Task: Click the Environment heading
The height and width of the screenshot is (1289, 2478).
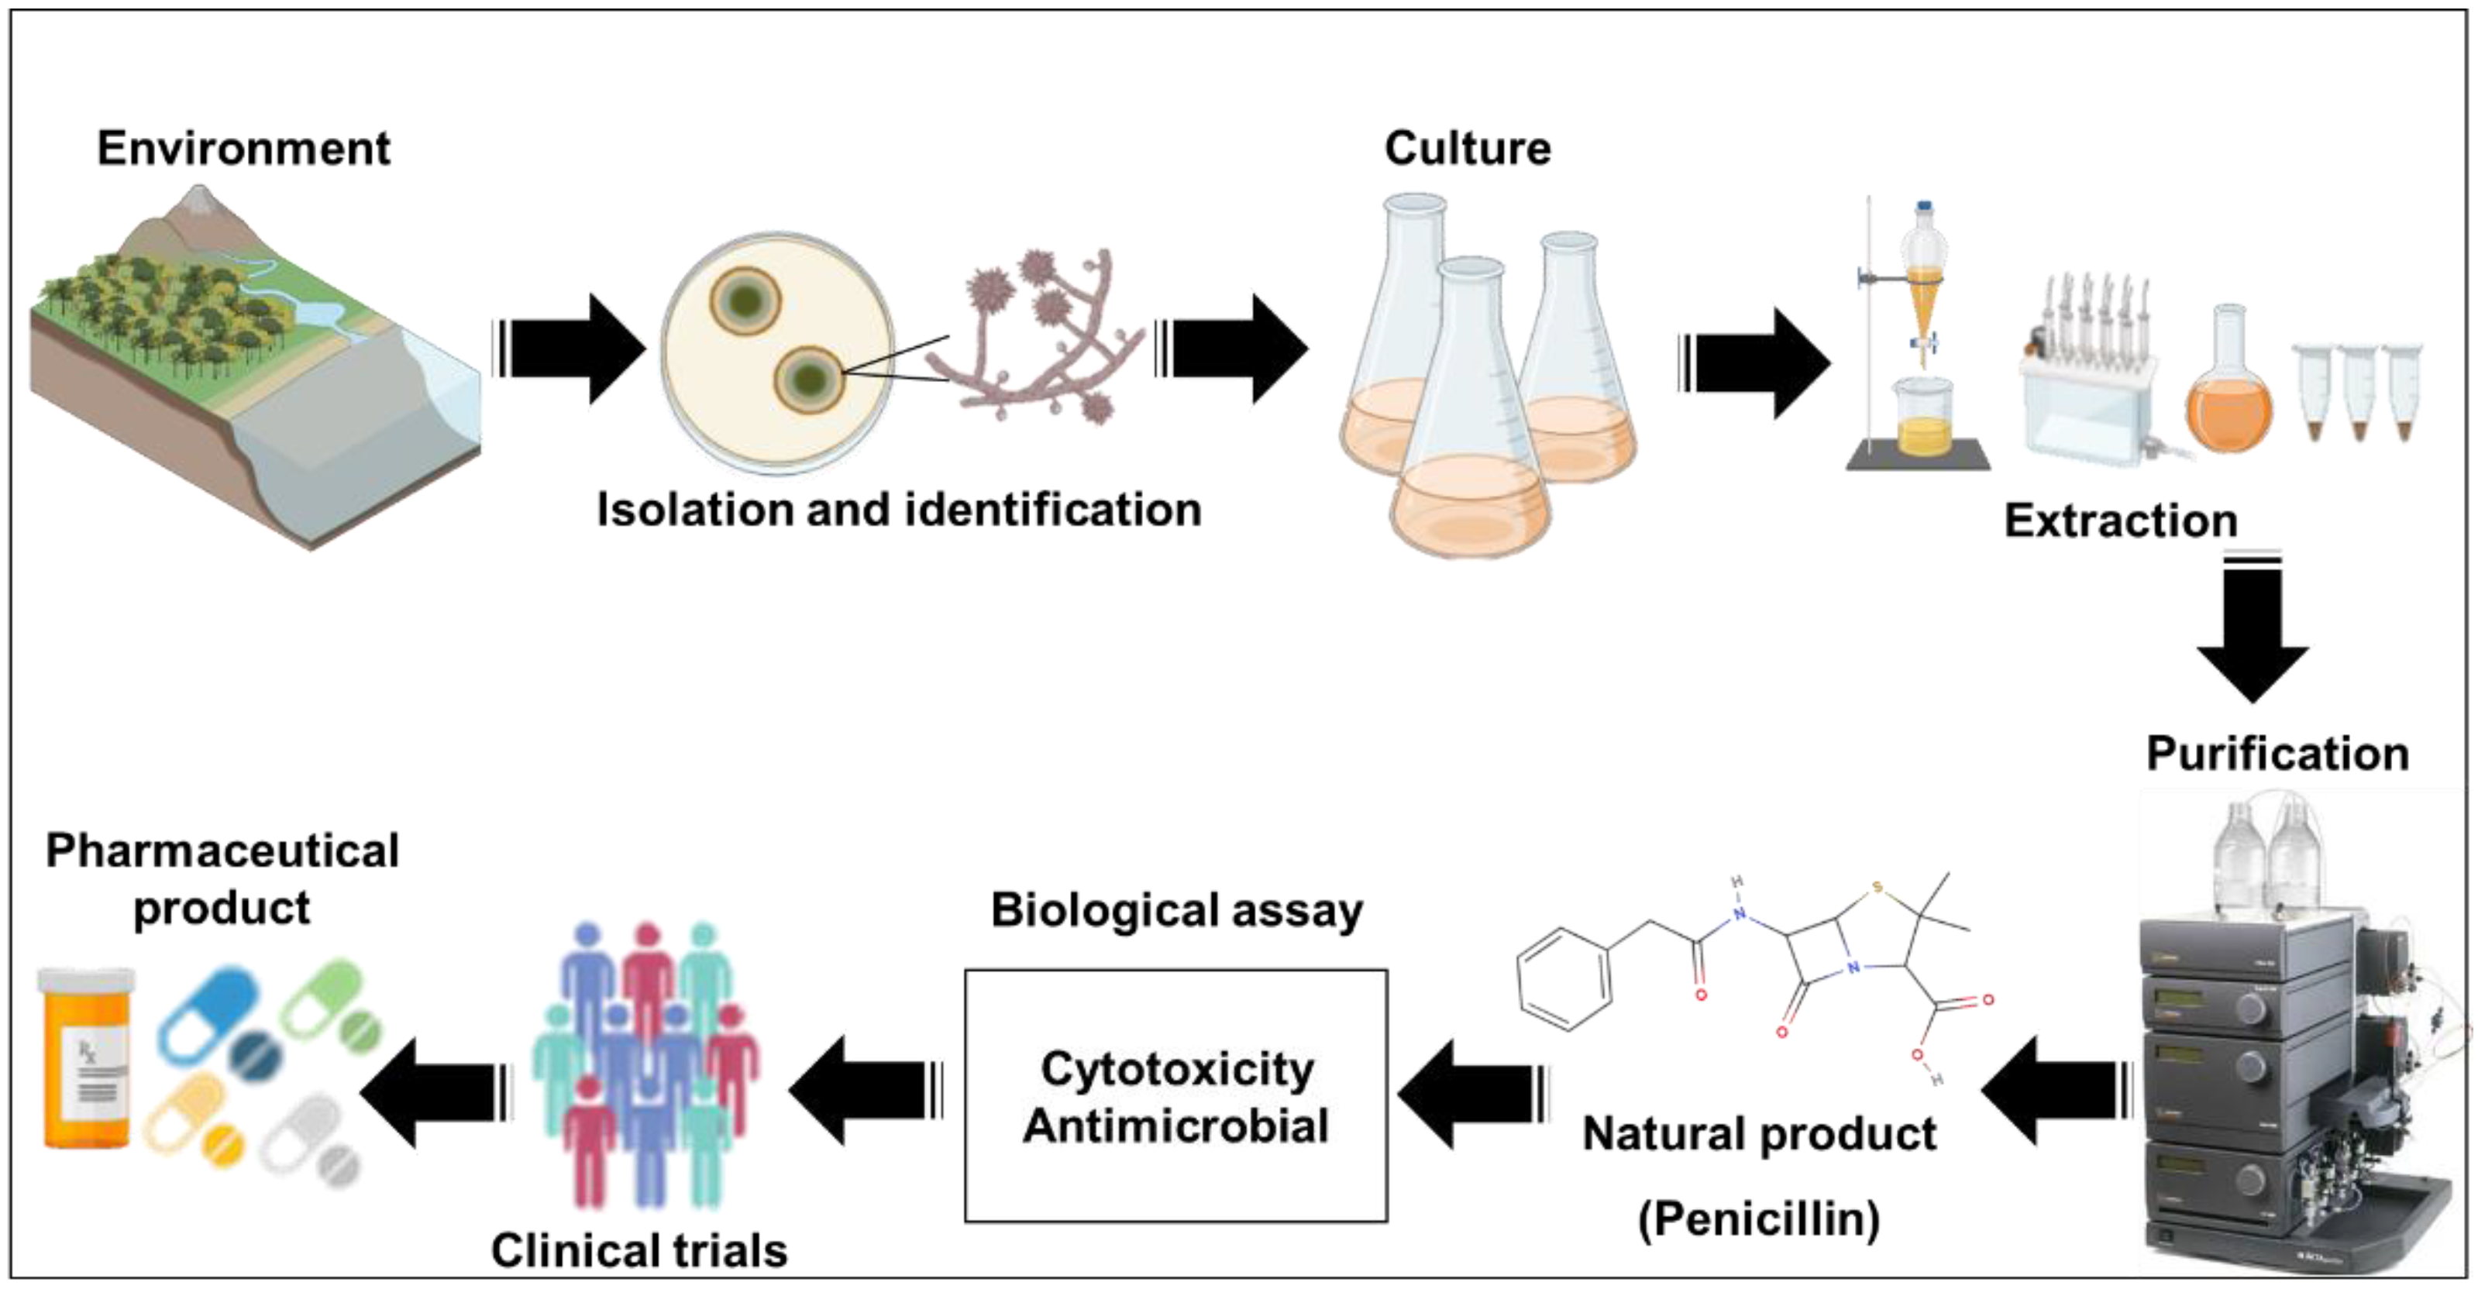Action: [x=243, y=148]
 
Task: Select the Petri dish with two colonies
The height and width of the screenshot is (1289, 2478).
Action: [x=777, y=353]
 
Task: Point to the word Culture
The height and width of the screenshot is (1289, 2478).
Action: [x=1467, y=148]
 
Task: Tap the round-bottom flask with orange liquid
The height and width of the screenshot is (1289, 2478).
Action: [x=2230, y=394]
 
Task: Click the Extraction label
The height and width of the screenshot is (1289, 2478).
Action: [x=2120, y=521]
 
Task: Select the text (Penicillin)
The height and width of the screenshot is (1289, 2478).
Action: [x=1758, y=1219]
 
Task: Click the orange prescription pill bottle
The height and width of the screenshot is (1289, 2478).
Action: [x=87, y=1058]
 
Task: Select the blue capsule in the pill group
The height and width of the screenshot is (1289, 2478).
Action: [x=207, y=1015]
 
